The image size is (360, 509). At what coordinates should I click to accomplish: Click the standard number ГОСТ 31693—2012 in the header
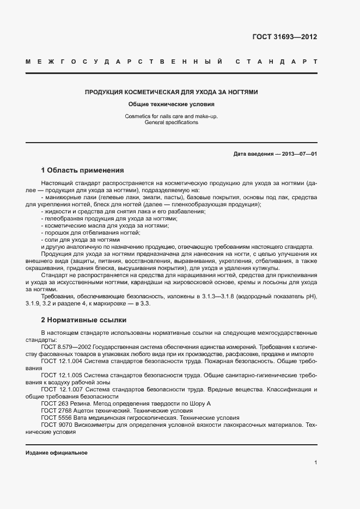coord(284,38)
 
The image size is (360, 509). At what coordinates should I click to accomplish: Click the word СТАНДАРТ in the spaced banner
coord(276,62)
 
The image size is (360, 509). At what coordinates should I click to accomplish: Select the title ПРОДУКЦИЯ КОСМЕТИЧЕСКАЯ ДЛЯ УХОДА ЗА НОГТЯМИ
coord(171,93)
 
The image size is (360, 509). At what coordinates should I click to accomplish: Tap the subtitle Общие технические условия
coord(171,104)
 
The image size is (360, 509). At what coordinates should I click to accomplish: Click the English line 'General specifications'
coord(171,122)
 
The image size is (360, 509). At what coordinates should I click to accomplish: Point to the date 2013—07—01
coord(299,154)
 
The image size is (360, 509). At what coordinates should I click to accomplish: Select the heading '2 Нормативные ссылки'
coord(83,320)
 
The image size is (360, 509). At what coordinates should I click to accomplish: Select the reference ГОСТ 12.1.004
coord(62,361)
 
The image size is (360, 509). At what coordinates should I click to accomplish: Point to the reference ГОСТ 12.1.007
coord(62,389)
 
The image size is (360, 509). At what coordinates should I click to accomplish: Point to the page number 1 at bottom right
coord(315,463)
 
